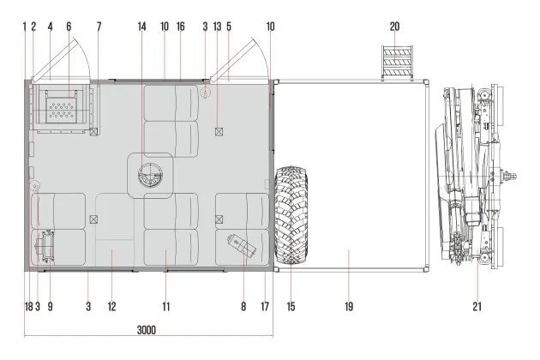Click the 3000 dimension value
(x=147, y=330)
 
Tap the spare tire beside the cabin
(x=291, y=215)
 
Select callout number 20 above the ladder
(x=394, y=27)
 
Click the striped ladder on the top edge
(x=397, y=63)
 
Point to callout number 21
(x=477, y=306)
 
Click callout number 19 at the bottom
(x=349, y=306)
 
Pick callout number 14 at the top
(x=142, y=27)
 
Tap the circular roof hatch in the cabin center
(x=150, y=176)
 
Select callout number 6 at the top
(x=69, y=27)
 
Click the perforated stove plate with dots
(x=62, y=110)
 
